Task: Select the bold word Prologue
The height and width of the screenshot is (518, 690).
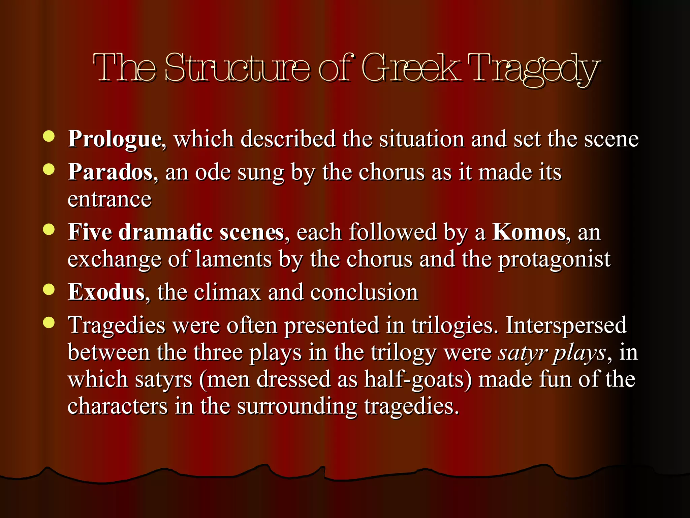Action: (x=115, y=139)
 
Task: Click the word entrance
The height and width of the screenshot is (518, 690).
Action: (x=109, y=199)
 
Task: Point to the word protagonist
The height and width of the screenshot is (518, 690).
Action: (x=554, y=260)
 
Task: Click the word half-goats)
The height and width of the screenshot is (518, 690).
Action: (x=418, y=380)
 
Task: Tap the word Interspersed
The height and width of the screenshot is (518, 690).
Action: (x=566, y=325)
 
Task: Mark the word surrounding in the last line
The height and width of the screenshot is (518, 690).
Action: (x=297, y=406)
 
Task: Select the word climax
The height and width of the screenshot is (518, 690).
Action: (x=227, y=292)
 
